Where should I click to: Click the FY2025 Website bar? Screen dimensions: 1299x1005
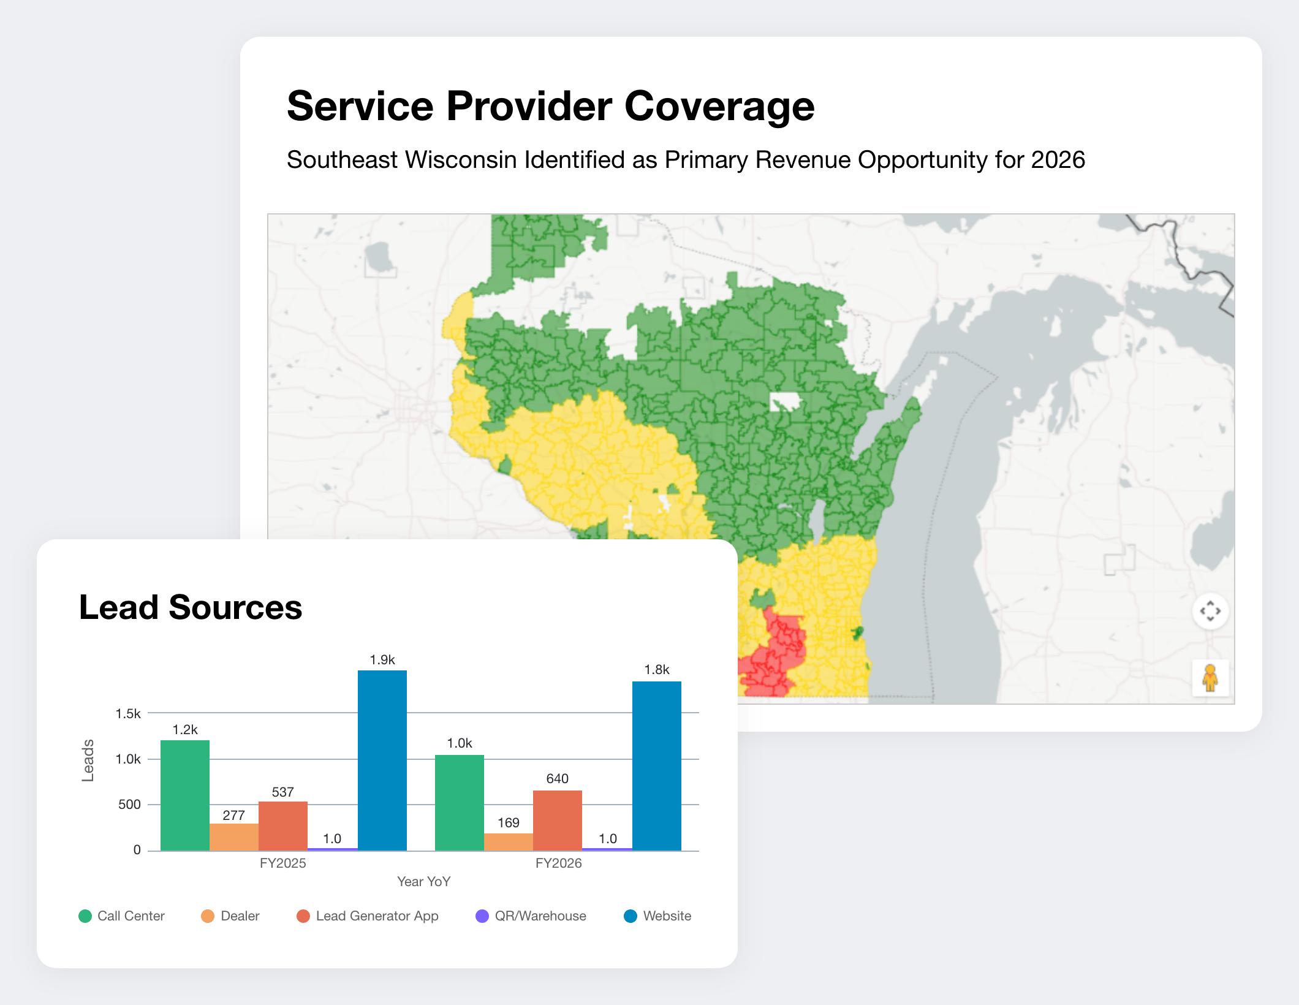click(382, 760)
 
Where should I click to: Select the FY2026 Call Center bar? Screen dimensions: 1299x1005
click(460, 803)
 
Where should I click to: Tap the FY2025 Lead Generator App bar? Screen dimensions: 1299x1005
click(283, 826)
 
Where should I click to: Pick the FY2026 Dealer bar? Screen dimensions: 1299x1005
click(509, 842)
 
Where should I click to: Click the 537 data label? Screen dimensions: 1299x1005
click(283, 792)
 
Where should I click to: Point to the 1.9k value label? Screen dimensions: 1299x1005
click(382, 660)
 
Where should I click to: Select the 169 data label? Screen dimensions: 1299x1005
click(509, 822)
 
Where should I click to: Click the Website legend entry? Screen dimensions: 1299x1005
click(657, 916)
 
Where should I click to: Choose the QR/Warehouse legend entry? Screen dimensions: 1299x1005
click(531, 916)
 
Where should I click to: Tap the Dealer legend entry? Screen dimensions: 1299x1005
click(230, 916)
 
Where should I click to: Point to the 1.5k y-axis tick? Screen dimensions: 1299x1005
click(128, 713)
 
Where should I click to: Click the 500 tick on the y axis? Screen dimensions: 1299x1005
click(129, 804)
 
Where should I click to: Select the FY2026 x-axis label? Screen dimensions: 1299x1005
click(558, 863)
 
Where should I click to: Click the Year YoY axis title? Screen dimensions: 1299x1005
click(423, 881)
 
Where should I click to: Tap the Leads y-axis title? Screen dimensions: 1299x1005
click(88, 760)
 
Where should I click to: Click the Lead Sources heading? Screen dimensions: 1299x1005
click(191, 607)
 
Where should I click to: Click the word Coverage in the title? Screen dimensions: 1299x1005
click(719, 107)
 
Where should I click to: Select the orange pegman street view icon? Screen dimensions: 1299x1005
click(1210, 678)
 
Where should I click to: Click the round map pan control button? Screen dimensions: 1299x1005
click(1210, 611)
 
